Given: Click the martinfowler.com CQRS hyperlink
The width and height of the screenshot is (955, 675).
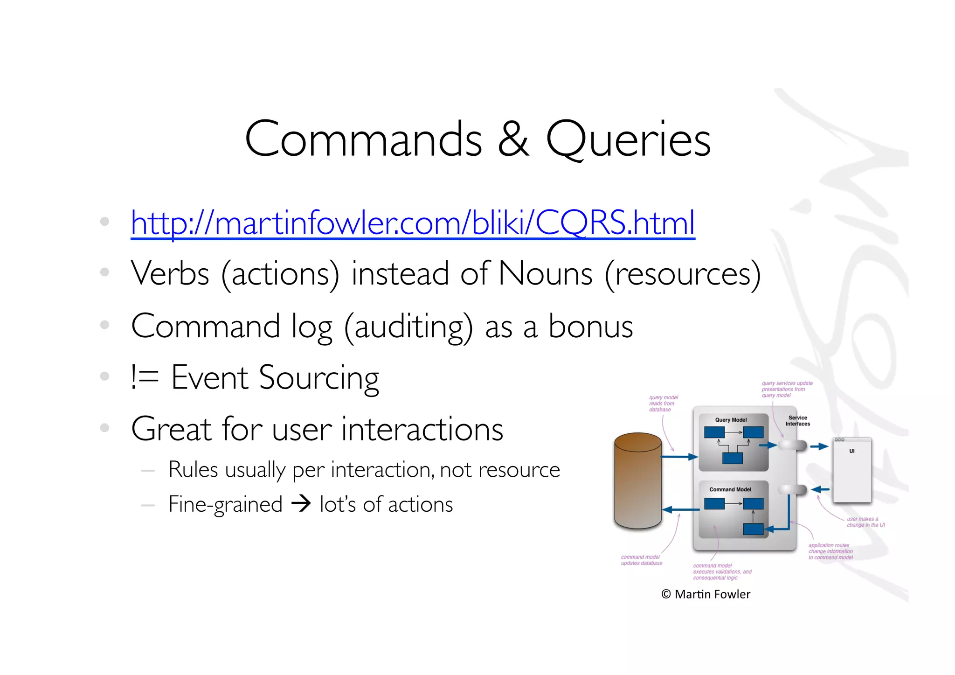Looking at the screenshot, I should (413, 223).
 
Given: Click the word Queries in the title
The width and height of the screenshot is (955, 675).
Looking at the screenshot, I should (628, 139).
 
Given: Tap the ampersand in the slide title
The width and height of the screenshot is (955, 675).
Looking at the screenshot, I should (513, 139).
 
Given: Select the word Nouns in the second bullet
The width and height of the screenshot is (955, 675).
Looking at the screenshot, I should (545, 274).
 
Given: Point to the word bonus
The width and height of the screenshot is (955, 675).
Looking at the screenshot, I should (590, 326).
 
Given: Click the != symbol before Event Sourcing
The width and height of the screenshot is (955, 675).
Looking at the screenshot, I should (145, 377).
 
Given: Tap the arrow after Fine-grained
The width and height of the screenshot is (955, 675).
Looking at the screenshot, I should (301, 504).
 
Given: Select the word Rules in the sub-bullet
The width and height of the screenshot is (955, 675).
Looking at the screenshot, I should (193, 470).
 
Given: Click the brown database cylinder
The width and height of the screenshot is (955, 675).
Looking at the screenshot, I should (638, 480).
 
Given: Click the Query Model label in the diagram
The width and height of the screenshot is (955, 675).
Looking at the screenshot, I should (731, 420).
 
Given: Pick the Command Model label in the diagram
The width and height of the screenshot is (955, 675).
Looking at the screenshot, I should (730, 489).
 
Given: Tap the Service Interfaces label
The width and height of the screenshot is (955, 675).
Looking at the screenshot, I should (797, 421).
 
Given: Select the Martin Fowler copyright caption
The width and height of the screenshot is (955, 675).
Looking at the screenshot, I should (706, 594).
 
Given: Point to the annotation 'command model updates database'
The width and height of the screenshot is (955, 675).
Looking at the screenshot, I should (641, 560).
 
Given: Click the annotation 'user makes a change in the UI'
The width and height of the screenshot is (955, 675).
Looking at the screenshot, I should (865, 522).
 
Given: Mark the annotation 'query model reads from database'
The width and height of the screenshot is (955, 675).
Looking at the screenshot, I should (663, 404).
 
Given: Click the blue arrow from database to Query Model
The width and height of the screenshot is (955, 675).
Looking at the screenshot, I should (679, 457).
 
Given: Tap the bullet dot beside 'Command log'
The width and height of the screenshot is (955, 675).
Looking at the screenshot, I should (104, 325).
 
